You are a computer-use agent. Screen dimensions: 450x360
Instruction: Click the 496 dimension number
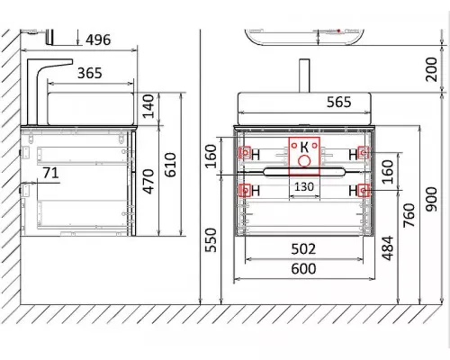click(98, 40)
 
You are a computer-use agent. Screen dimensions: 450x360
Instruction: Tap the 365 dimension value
click(90, 73)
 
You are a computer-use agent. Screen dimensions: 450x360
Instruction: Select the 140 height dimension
click(148, 106)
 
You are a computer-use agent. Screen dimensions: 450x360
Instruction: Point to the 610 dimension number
click(170, 165)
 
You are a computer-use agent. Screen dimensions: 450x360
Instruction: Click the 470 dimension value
click(148, 181)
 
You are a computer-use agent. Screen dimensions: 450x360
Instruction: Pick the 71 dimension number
click(50, 173)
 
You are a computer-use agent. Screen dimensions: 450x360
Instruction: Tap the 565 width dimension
click(338, 102)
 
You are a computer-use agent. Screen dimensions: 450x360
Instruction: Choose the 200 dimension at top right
click(431, 69)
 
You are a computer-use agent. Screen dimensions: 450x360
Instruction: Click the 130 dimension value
click(304, 187)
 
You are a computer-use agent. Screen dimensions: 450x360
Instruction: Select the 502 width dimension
click(303, 249)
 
